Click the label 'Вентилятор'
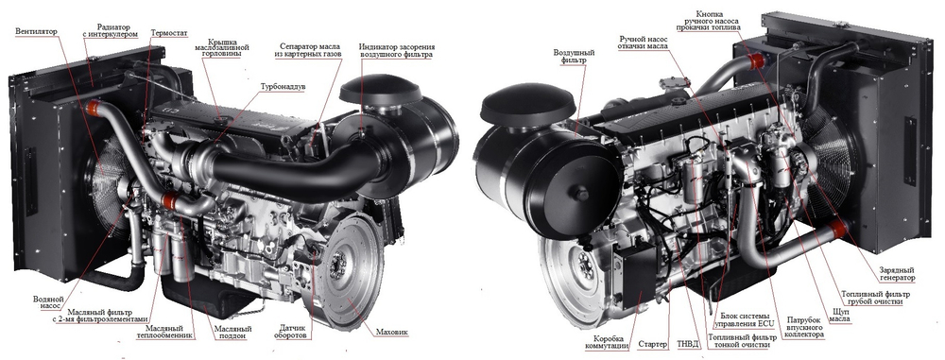35,31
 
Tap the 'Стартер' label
653,344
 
